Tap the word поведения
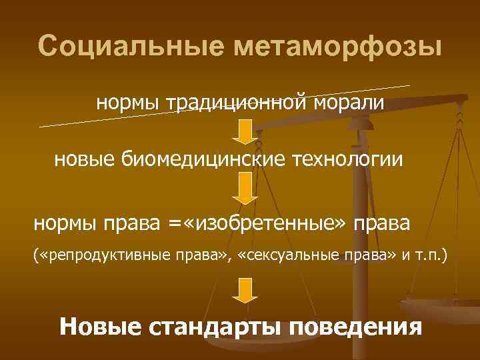click(357, 327)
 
